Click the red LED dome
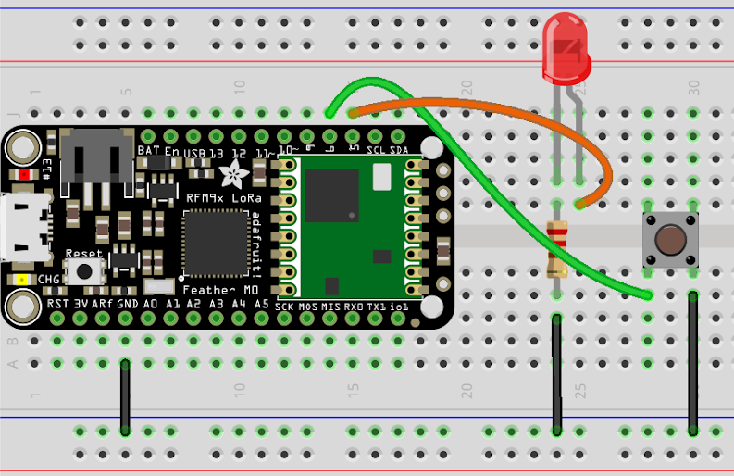click(x=566, y=51)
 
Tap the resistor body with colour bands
click(x=557, y=250)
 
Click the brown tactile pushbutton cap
click(x=669, y=240)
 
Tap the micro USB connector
click(x=17, y=227)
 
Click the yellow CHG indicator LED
click(x=20, y=279)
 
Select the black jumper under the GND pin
click(x=125, y=398)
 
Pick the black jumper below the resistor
click(x=556, y=374)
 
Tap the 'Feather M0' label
click(x=213, y=290)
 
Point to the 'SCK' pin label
click(x=285, y=306)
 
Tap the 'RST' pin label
click(x=57, y=303)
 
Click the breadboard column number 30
click(x=693, y=86)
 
